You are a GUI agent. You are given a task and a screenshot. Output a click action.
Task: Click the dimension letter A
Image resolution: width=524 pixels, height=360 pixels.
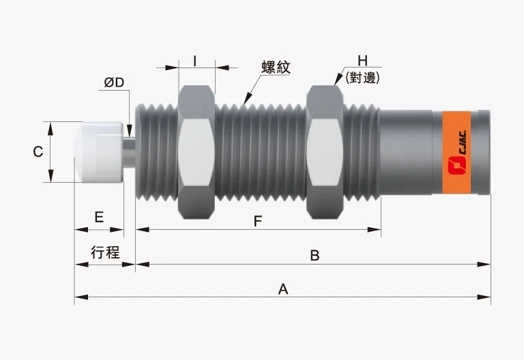point(283,288)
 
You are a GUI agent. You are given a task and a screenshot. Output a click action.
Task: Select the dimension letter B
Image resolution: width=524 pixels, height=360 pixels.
point(315,256)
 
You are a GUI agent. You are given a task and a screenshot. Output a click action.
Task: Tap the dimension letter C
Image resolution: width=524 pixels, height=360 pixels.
point(39,152)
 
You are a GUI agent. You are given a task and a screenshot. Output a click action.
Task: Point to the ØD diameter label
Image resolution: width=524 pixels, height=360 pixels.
point(114,82)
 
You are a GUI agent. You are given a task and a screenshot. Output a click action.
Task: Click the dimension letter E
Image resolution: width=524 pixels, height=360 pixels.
point(99,217)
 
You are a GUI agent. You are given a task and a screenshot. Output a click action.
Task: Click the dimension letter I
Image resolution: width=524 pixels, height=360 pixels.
point(195,61)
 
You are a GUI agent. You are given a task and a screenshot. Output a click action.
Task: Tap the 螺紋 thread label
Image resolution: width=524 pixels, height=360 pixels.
point(276,67)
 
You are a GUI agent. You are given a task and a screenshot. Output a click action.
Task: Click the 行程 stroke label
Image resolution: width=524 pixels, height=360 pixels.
point(105,252)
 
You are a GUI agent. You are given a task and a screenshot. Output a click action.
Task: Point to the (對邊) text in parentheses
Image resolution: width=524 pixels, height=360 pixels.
point(362,78)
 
